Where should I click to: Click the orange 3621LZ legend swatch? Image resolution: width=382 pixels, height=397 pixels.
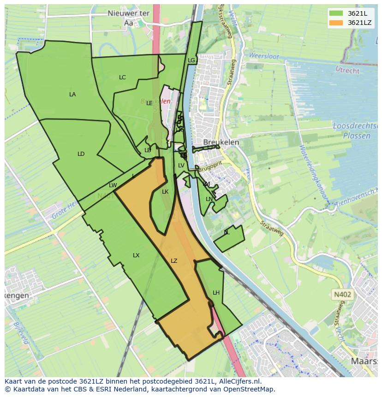pos(336,23)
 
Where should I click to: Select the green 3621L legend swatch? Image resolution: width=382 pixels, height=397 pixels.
pos(336,13)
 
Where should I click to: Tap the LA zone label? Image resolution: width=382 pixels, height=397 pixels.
pos(72,95)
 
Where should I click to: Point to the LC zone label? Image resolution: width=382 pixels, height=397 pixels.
pos(122,77)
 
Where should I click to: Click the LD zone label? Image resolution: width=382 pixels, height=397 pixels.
pos(81,154)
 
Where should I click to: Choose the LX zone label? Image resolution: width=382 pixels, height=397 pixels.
pos(136,255)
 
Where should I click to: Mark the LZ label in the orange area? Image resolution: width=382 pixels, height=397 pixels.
pos(174,261)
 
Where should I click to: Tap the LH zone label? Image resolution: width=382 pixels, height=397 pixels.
pos(216,293)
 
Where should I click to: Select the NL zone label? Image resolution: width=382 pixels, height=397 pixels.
pos(227,232)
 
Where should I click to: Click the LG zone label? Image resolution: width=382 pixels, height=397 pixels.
pos(191,60)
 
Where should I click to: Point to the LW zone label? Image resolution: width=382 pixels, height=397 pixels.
pos(113,185)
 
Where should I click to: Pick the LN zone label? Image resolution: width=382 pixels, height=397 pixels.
pos(209,199)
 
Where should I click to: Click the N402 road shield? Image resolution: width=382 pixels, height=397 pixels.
pos(342,294)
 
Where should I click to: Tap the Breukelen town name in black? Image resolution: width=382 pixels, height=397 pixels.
pos(221,142)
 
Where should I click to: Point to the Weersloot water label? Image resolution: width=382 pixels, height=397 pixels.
pos(264,56)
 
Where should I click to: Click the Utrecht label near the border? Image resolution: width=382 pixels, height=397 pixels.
pos(347,71)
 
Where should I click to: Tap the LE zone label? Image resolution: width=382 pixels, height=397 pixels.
pos(149,103)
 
